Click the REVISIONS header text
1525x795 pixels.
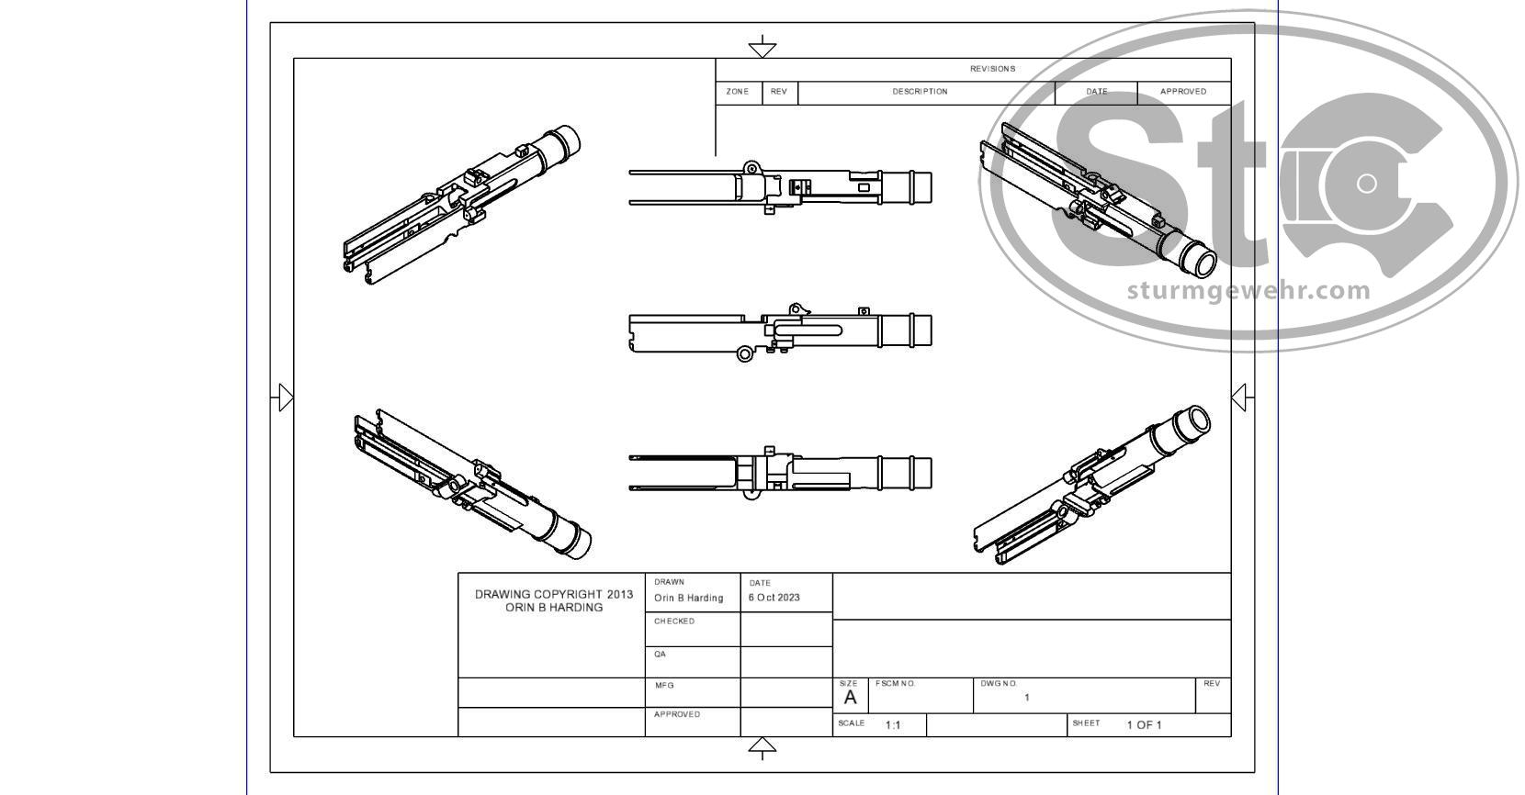pos(992,69)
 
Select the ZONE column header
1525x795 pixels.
pos(737,92)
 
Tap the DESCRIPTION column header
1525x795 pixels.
pos(920,92)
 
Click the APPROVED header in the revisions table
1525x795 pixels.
pos(1182,92)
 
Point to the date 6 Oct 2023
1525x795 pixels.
pos(774,598)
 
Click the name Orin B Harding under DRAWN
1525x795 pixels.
pos(688,598)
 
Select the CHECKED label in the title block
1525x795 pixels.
pos(673,621)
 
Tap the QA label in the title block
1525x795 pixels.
pos(660,655)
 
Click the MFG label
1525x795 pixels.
pos(663,686)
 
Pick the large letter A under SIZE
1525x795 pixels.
pos(850,698)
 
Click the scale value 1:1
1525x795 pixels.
pos(892,725)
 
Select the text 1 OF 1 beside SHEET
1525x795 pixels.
pos(1144,725)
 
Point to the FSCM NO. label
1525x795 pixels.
pos(895,684)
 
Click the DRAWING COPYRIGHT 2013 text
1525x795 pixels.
pos(553,595)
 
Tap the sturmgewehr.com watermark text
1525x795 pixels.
pos(1248,291)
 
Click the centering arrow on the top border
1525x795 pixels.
pos(762,47)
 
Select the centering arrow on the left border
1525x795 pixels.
pos(284,397)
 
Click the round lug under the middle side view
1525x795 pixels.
pos(745,354)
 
